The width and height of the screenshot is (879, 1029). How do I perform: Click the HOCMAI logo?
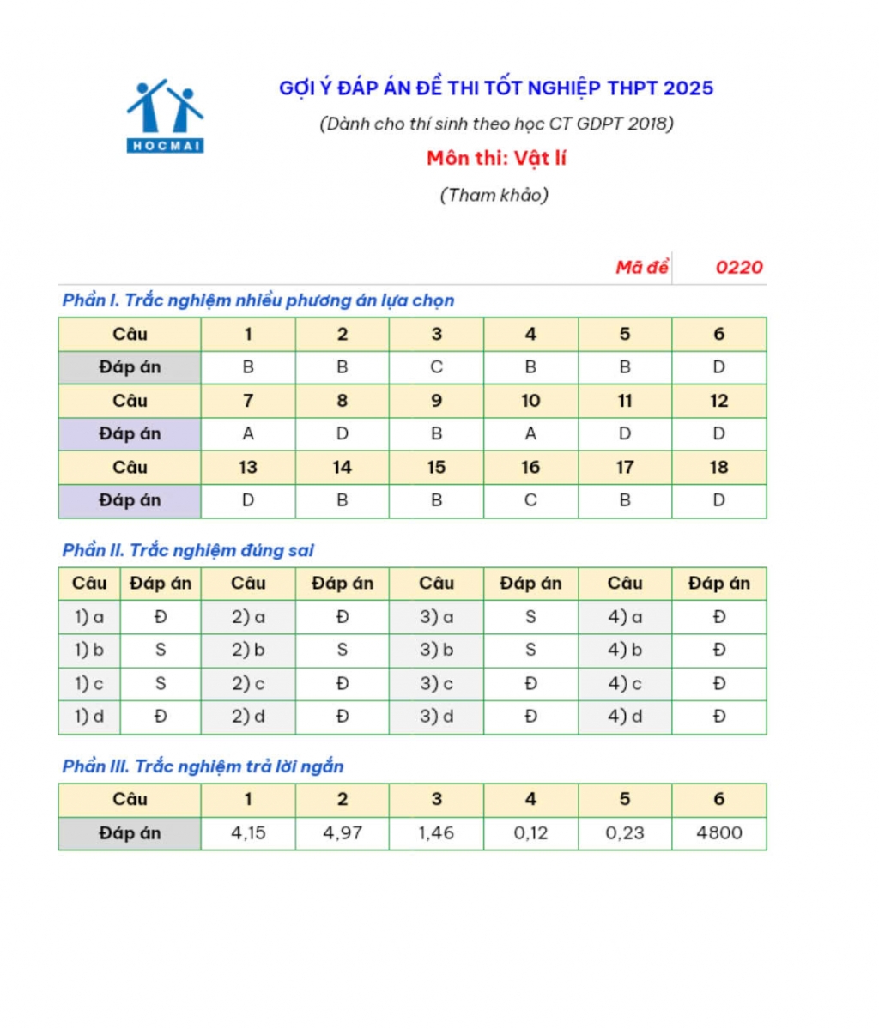click(x=165, y=117)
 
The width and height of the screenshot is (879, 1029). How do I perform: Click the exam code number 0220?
click(x=738, y=267)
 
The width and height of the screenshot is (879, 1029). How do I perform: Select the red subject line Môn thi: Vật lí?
click(x=496, y=159)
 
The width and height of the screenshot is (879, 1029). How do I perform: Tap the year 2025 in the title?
click(x=688, y=88)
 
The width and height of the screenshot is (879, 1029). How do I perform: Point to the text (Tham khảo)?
click(x=494, y=195)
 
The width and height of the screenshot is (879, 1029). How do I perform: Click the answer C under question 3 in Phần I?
click(x=436, y=367)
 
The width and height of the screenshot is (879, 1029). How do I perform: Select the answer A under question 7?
click(x=248, y=434)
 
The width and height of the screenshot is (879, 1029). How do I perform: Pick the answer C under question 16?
click(x=530, y=500)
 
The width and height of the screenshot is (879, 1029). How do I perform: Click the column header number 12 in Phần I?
click(x=718, y=401)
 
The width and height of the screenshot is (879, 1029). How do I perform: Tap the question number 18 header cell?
click(x=718, y=468)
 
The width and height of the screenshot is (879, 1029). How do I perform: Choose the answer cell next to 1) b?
click(x=161, y=650)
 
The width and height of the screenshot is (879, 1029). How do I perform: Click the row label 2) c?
click(x=248, y=683)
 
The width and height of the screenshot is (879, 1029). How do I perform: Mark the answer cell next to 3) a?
click(x=530, y=617)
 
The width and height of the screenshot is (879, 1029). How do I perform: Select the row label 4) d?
click(x=625, y=717)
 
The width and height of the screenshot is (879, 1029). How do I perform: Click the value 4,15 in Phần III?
click(x=248, y=832)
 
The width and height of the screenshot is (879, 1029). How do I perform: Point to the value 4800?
click(x=718, y=832)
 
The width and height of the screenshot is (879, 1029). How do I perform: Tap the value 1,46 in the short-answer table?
click(x=436, y=832)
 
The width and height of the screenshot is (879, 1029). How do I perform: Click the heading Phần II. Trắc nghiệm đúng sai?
click(x=188, y=550)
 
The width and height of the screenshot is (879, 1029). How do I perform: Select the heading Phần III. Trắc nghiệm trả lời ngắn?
click(x=203, y=766)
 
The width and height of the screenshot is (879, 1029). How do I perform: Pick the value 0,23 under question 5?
click(x=625, y=832)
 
